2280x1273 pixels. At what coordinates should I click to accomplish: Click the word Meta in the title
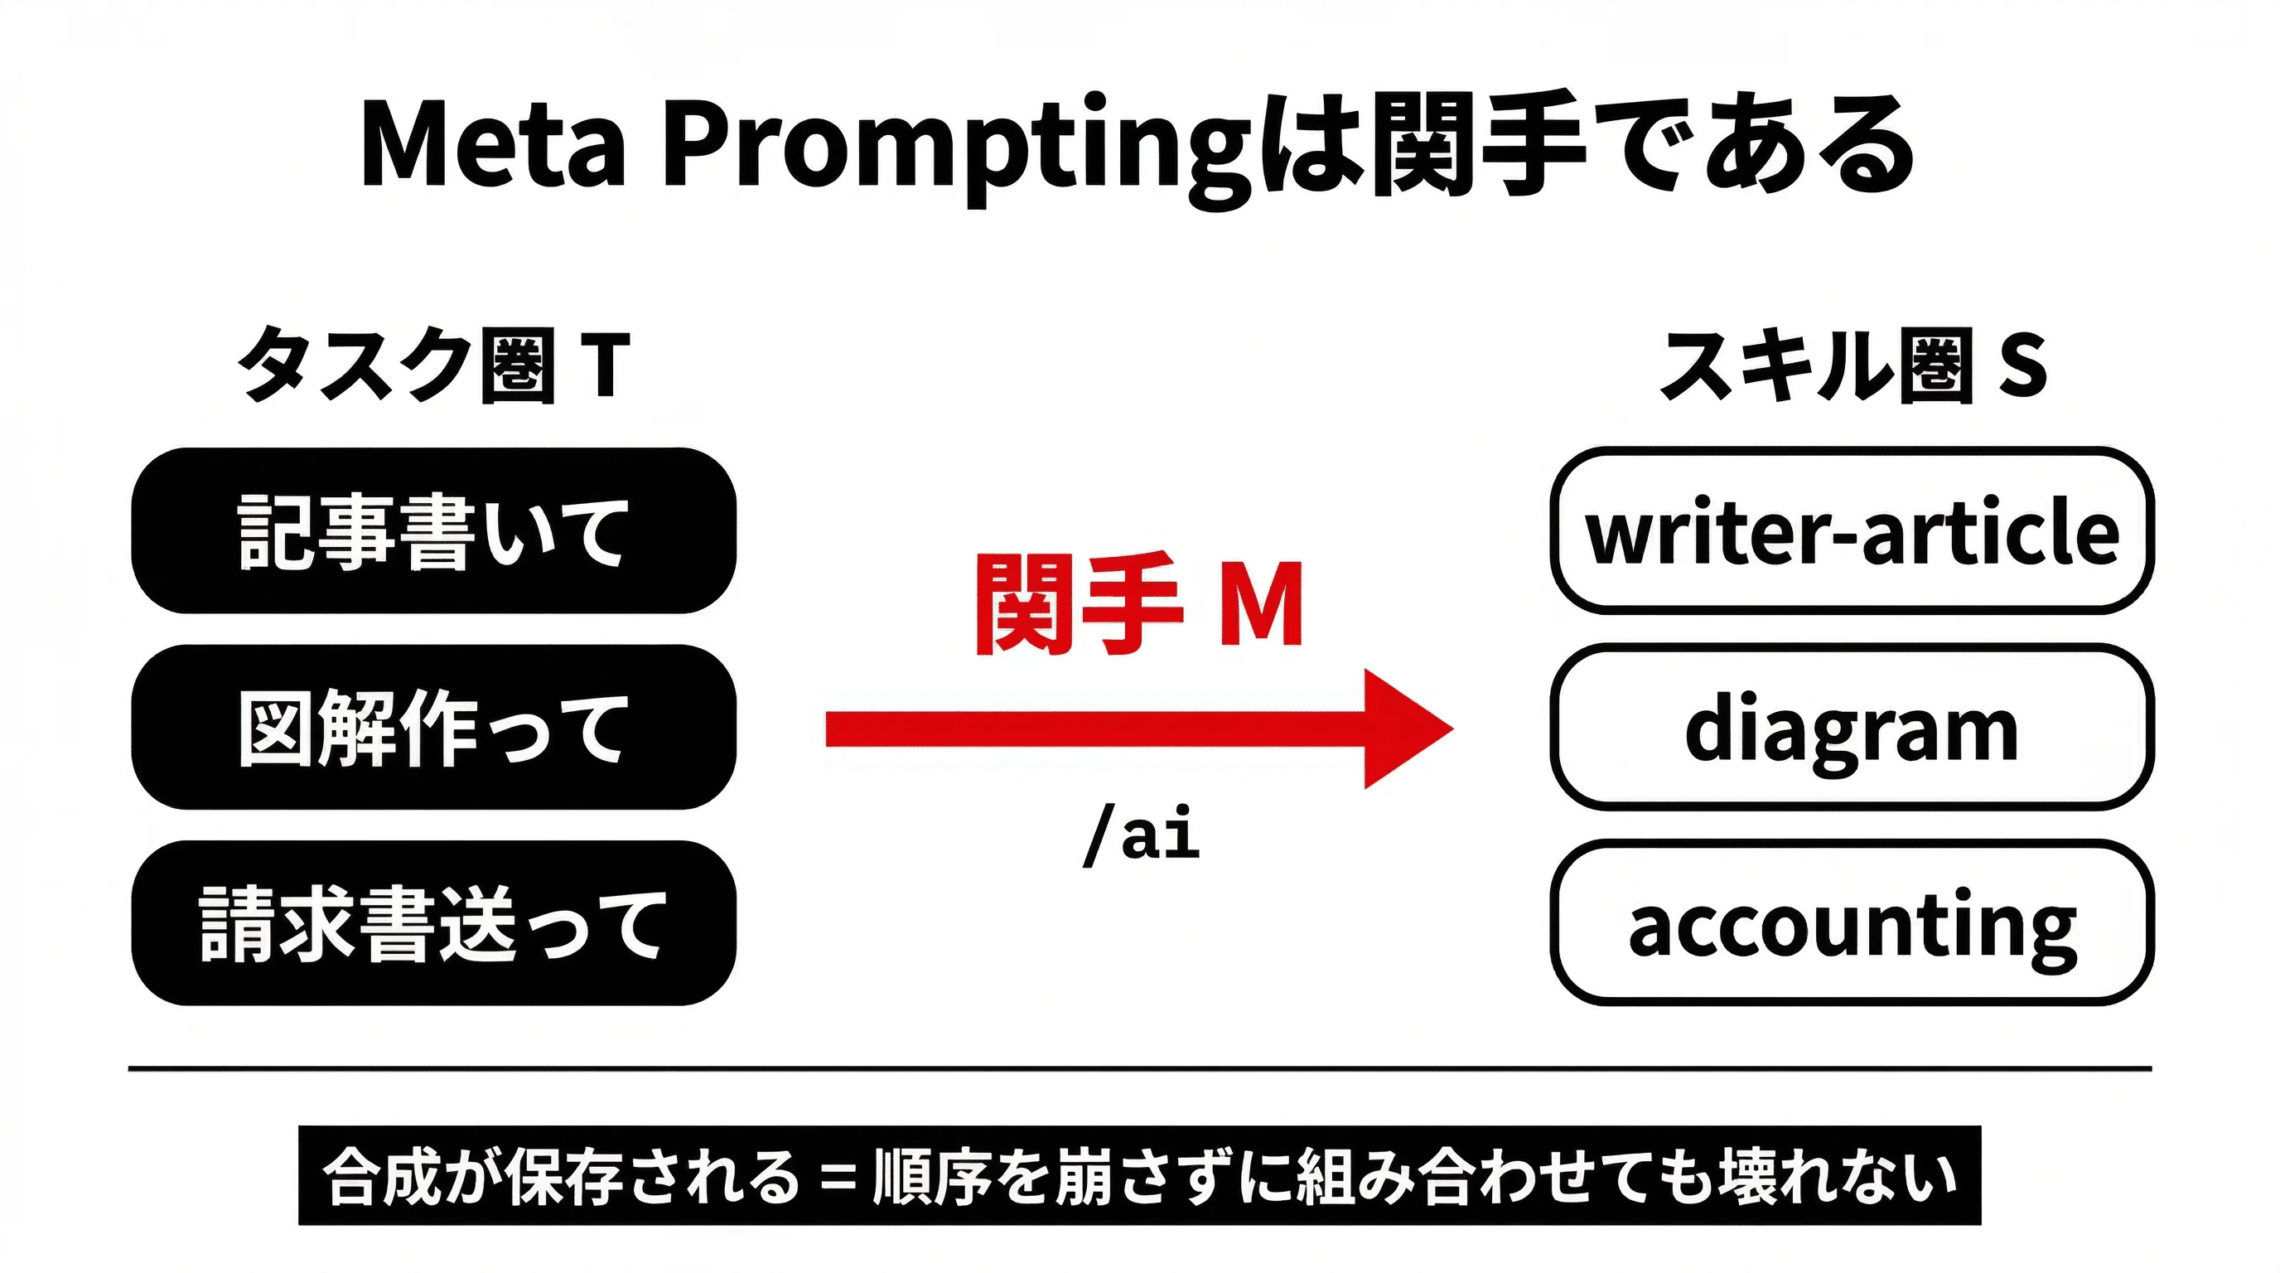[493, 143]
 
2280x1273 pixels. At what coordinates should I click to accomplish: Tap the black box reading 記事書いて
[433, 530]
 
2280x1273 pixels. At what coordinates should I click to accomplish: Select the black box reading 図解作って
[433, 727]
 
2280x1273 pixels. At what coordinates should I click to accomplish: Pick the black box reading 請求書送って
[433, 923]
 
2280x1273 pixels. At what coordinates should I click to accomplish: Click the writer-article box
[1852, 530]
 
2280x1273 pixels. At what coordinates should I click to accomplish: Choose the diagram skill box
[1852, 727]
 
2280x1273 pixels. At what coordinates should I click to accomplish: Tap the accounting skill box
[1852, 923]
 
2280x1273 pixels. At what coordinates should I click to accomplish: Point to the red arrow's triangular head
[1403, 728]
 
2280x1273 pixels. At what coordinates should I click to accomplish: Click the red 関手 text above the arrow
[1079, 605]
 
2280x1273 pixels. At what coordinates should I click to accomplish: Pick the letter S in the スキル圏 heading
[2023, 365]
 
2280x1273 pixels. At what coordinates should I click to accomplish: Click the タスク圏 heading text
[397, 365]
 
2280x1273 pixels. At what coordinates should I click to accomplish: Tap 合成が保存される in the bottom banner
[561, 1178]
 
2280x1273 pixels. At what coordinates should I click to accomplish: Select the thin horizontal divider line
[1140, 1068]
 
